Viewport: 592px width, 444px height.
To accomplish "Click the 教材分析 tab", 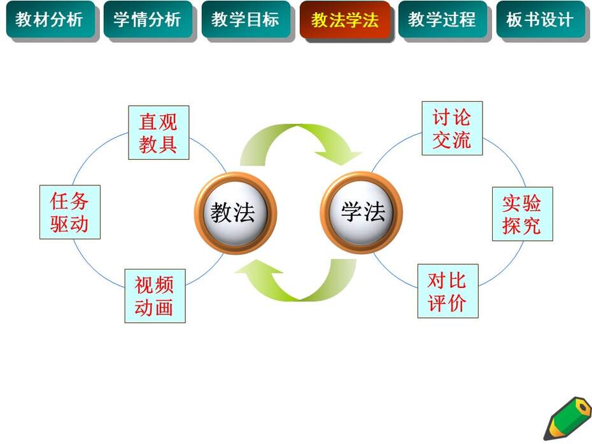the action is pyautogui.click(x=50, y=19).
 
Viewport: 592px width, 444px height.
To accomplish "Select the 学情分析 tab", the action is pyautogui.click(x=148, y=19).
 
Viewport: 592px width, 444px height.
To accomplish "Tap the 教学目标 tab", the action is pyautogui.click(x=246, y=19).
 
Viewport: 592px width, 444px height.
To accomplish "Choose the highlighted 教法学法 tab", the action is pyautogui.click(x=345, y=20).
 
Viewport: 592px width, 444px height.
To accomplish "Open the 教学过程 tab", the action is pyautogui.click(x=442, y=19).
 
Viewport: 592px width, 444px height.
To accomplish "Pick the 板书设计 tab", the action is pyautogui.click(x=540, y=19).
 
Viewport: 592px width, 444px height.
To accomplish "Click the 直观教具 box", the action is pyautogui.click(x=159, y=132).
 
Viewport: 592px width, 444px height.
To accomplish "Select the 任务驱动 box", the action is pyautogui.click(x=70, y=212).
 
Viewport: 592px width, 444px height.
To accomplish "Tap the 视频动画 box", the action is pyautogui.click(x=155, y=296).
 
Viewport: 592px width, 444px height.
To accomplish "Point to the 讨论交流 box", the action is pyautogui.click(x=452, y=128).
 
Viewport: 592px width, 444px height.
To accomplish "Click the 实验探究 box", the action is pyautogui.click(x=523, y=214).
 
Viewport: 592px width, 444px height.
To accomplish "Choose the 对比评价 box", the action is pyautogui.click(x=448, y=291).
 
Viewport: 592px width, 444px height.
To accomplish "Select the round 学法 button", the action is pyautogui.click(x=362, y=213).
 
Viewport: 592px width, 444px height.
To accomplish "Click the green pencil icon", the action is pyautogui.click(x=567, y=419).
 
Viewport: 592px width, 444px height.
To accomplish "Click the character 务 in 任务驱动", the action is pyautogui.click(x=80, y=201).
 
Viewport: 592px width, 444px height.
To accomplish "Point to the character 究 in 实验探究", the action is pyautogui.click(x=532, y=226).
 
